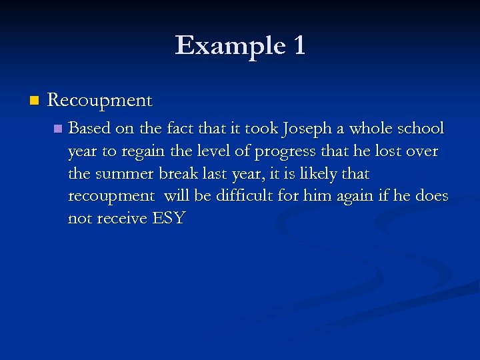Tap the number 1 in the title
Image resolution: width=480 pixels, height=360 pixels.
[x=298, y=45]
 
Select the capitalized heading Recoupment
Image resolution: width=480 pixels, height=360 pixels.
[x=100, y=101]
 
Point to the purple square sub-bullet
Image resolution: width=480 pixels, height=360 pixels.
[x=57, y=128]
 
